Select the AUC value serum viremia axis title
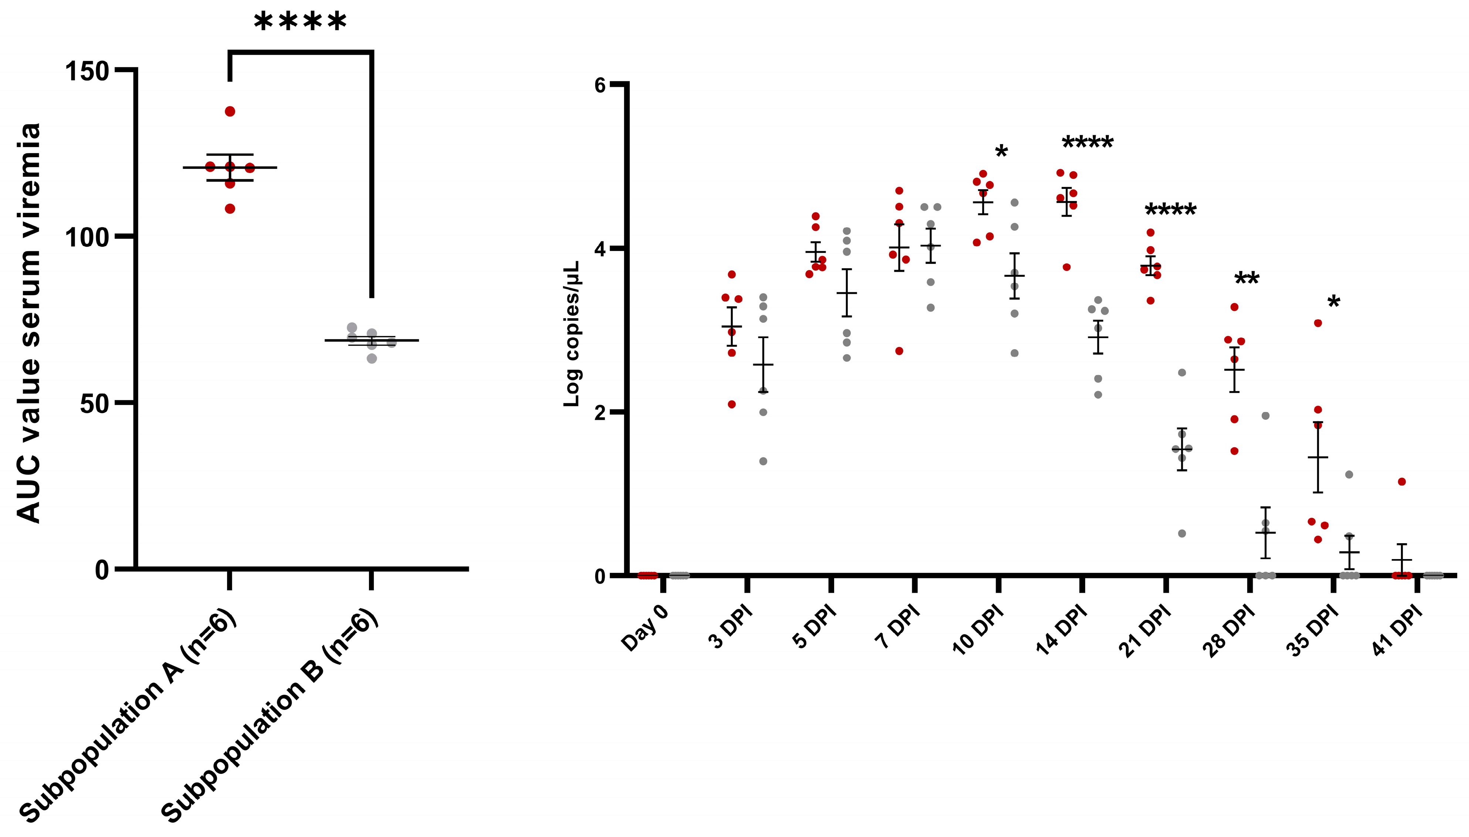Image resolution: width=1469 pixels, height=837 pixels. pos(28,322)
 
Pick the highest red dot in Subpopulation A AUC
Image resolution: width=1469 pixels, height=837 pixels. pos(230,112)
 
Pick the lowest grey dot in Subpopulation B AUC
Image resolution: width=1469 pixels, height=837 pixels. pos(372,359)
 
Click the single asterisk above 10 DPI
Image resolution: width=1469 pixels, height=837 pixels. pos(1001,153)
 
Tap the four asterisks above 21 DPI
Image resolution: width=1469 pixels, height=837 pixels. pos(1171,210)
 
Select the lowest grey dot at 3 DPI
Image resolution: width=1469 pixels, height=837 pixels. pos(763,461)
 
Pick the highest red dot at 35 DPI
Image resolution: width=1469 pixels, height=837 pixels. pos(1318,323)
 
